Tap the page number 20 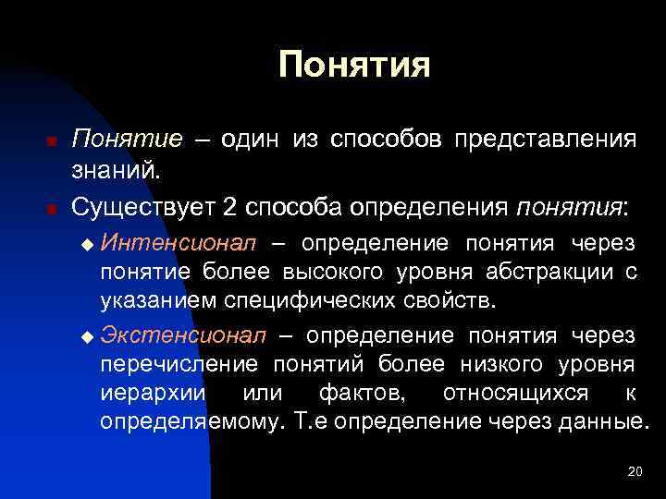coord(635,472)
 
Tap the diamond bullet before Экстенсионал coord(88,335)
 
